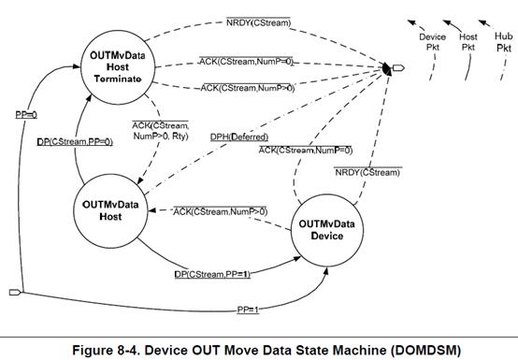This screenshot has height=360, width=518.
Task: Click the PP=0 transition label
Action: (x=26, y=115)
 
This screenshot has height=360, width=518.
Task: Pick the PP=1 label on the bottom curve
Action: (x=248, y=310)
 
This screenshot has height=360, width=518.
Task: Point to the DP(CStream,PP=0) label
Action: (x=75, y=142)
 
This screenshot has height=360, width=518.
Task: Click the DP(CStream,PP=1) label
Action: (x=212, y=274)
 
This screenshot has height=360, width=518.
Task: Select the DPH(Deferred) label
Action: (x=239, y=137)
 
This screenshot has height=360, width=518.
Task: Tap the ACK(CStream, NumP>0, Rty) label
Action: (x=161, y=131)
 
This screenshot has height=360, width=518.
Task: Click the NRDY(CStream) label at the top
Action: (x=258, y=22)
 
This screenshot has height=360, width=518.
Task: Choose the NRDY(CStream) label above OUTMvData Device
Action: (x=367, y=172)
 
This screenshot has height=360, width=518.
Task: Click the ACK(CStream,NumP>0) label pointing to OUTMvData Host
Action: (x=221, y=211)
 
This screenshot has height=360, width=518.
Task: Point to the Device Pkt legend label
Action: (x=432, y=42)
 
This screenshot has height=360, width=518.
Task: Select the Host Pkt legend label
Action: (x=468, y=42)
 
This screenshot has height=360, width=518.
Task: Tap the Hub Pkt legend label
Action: (x=504, y=42)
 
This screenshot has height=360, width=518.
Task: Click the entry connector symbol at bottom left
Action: (x=16, y=293)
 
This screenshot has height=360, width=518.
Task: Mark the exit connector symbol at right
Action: (x=398, y=68)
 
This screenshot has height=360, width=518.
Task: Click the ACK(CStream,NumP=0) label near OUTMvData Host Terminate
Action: (x=247, y=62)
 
